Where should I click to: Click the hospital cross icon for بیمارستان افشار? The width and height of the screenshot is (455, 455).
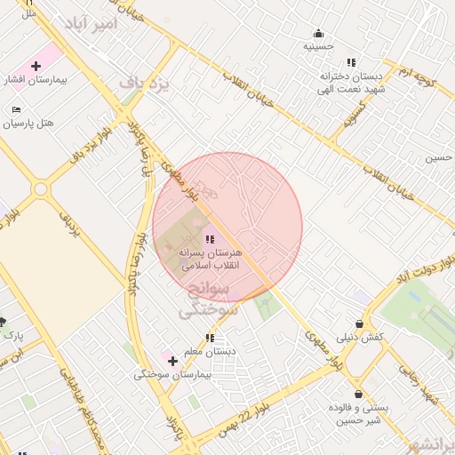coord(36,66)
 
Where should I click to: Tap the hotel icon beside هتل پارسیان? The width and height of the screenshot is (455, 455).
coord(16,109)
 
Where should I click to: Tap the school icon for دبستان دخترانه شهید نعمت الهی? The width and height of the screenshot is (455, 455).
coord(351,62)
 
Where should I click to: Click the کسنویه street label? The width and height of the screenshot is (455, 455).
coord(355,115)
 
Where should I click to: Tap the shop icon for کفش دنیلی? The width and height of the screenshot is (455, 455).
coord(359,323)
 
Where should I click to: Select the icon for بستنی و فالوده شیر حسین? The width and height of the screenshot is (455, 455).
coord(357,394)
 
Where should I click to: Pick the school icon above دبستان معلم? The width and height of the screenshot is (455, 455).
coord(210,338)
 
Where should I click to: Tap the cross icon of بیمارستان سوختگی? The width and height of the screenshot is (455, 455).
coord(172,361)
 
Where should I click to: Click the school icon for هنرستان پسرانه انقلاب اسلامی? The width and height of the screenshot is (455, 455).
coord(210,239)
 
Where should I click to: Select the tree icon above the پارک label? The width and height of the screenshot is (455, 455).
coord(3,322)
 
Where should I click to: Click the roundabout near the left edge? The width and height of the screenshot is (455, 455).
coord(40,189)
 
